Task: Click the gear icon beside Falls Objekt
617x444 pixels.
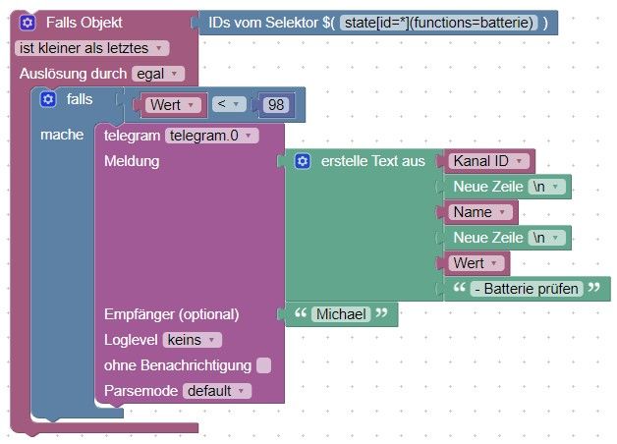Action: pyautogui.click(x=28, y=23)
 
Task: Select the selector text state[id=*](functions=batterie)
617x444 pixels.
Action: pyautogui.click(x=438, y=23)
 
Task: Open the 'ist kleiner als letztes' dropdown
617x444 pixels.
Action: pyautogui.click(x=92, y=48)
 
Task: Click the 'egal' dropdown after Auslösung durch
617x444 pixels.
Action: pyautogui.click(x=158, y=74)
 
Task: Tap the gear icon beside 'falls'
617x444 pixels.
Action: pyautogui.click(x=48, y=99)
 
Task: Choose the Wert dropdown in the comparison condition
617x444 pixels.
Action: pyautogui.click(x=173, y=105)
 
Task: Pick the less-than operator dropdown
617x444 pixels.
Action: pyautogui.click(x=229, y=104)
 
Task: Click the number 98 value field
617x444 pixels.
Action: pyautogui.click(x=276, y=105)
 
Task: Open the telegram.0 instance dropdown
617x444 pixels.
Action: pyautogui.click(x=211, y=136)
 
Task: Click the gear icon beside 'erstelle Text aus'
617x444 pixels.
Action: pyautogui.click(x=303, y=161)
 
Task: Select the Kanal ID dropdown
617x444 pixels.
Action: pyautogui.click(x=488, y=161)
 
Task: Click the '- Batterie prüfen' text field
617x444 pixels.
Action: pyautogui.click(x=527, y=289)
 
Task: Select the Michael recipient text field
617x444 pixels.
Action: pyautogui.click(x=341, y=314)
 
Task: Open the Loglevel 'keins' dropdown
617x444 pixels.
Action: pyautogui.click(x=192, y=340)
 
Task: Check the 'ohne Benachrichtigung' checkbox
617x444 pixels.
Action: pyautogui.click(x=263, y=365)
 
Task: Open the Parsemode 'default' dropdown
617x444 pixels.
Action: pyautogui.click(x=217, y=391)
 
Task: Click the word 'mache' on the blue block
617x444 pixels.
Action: pyautogui.click(x=62, y=135)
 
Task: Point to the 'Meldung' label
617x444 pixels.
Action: pyautogui.click(x=132, y=161)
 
